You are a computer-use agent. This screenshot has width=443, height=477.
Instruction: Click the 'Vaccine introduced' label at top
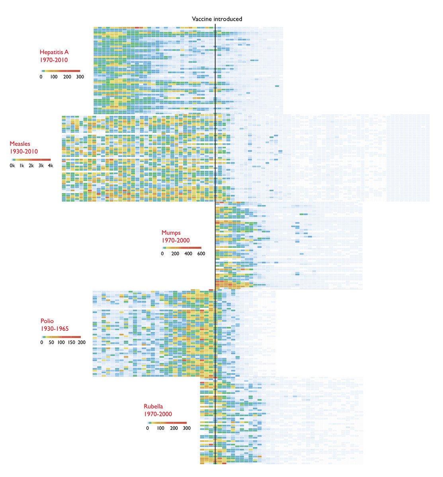[x=217, y=19]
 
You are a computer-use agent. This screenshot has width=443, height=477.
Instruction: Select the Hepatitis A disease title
[x=54, y=52]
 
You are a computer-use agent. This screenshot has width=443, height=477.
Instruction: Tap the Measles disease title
[x=20, y=144]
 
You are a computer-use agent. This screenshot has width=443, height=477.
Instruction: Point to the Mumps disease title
[x=171, y=233]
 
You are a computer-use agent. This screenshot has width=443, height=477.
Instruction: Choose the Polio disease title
[x=47, y=321]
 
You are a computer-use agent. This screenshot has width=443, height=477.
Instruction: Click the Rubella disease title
[x=153, y=406]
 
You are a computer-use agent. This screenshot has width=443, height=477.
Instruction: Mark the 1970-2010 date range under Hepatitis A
[x=54, y=60]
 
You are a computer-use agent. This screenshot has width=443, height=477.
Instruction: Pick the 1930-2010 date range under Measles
[x=24, y=152]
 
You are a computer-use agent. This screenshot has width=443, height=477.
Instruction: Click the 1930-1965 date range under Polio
[x=55, y=329]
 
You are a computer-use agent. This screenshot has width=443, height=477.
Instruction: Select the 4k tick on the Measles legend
[x=50, y=166]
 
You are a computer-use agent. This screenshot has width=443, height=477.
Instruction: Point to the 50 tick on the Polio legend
[x=51, y=343]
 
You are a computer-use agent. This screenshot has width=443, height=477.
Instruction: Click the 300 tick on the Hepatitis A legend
[x=80, y=77]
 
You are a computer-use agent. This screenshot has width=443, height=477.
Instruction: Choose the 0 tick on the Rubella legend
[x=148, y=429]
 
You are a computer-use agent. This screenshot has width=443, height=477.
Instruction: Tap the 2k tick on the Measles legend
[x=31, y=166]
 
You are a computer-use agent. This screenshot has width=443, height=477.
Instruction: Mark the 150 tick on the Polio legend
[x=71, y=343]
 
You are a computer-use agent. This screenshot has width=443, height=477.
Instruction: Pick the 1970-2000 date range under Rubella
[x=158, y=414]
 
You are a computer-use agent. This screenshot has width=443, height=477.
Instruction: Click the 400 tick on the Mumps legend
[x=188, y=254]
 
